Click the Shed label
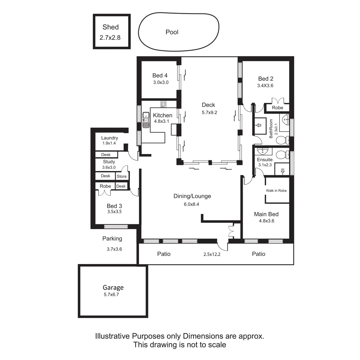pyautogui.click(x=110, y=27)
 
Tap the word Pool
pyautogui.click(x=172, y=32)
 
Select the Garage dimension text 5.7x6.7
pyautogui.click(x=111, y=294)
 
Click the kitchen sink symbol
pyautogui.click(x=146, y=120)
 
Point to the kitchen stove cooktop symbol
pyautogui.click(x=163, y=104)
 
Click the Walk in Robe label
pyautogui.click(x=276, y=191)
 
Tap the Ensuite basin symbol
pyautogui.click(x=264, y=151)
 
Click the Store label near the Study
pyautogui.click(x=122, y=176)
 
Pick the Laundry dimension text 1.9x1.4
pyautogui.click(x=109, y=143)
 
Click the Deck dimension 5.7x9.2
pyautogui.click(x=209, y=113)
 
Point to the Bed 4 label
pyautogui.click(x=160, y=76)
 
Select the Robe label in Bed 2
pyautogui.click(x=277, y=108)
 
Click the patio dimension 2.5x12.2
pyautogui.click(x=212, y=254)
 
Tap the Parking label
pyautogui.click(x=112, y=239)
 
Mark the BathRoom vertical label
pyautogui.click(x=271, y=128)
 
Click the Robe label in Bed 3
pyautogui.click(x=105, y=186)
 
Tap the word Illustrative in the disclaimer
pyautogui.click(x=113, y=336)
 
